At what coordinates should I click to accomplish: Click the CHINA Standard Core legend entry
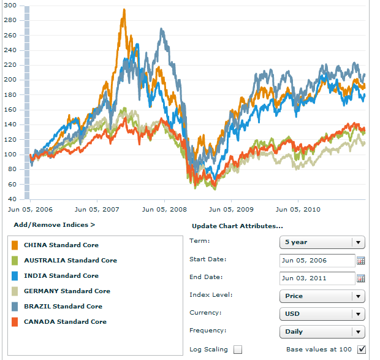tap(61, 245)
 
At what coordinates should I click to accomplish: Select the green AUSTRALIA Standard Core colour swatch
tap(15, 261)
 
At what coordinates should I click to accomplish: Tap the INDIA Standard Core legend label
tap(61, 275)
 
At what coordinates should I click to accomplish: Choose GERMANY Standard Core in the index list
tap(67, 291)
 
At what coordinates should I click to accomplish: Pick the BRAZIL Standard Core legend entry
tap(63, 306)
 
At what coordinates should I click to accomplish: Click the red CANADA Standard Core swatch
tap(15, 322)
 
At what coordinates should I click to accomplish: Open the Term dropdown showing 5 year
tap(322, 242)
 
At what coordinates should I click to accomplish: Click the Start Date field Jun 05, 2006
tap(317, 260)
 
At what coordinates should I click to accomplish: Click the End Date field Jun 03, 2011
tap(317, 278)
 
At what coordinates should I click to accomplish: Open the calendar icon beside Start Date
tap(361, 261)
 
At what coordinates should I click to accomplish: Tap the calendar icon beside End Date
tap(361, 278)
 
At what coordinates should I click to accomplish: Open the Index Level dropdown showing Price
tap(322, 296)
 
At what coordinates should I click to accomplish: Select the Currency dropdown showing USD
tap(322, 313)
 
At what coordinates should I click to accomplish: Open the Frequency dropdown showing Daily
tap(322, 331)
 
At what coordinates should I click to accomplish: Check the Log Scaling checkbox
tap(238, 350)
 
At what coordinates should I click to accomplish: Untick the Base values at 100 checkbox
tap(361, 350)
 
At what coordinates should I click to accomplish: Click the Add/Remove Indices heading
tap(54, 225)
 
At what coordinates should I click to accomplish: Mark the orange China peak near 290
tap(124, 10)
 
